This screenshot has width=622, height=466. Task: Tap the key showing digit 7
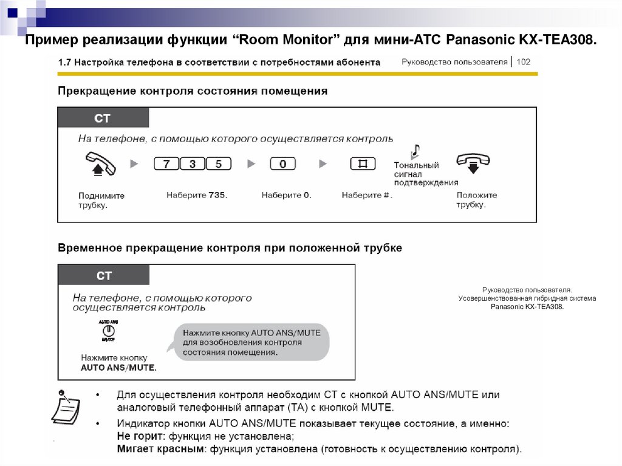tap(167, 164)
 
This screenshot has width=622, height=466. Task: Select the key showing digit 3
tap(193, 164)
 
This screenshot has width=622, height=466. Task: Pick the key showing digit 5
tap(219, 164)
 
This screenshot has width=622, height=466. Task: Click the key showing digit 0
tap(282, 164)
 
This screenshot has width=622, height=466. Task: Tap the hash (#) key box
tap(363, 164)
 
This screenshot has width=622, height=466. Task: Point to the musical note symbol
tap(416, 151)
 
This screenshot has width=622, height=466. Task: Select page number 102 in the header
tap(524, 62)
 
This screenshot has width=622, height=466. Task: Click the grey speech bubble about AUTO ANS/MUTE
tap(251, 342)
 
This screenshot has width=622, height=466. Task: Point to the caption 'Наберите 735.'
tap(196, 196)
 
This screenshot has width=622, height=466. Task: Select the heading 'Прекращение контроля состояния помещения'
tap(193, 91)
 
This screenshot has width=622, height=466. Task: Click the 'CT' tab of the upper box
tap(103, 118)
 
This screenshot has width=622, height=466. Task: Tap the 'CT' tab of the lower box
tap(104, 275)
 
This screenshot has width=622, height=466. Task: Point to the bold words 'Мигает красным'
tap(154, 450)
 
